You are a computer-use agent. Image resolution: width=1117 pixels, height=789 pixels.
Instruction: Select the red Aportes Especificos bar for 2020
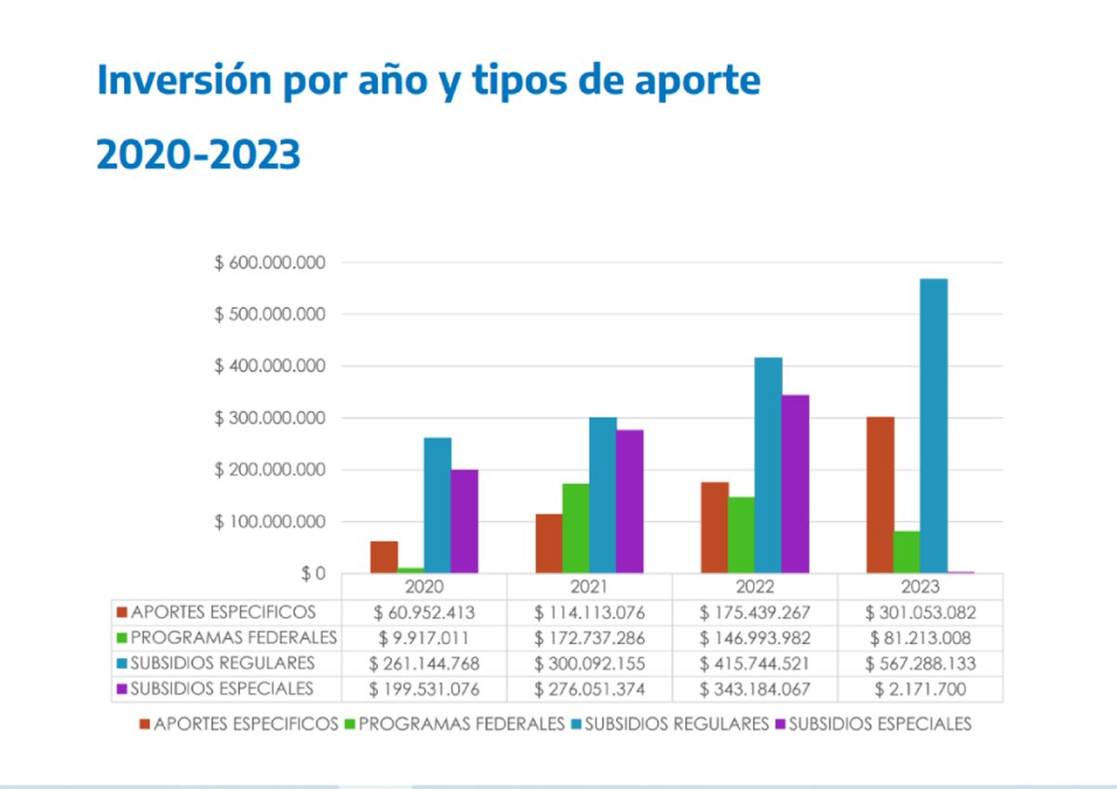(384, 556)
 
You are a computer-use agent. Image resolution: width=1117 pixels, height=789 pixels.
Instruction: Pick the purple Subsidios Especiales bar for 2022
(795, 484)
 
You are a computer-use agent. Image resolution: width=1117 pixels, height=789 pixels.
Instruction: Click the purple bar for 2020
(464, 521)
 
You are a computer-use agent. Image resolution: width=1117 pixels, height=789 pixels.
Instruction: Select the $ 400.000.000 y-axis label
(270, 367)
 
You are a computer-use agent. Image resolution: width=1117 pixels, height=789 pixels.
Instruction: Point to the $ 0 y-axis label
(313, 574)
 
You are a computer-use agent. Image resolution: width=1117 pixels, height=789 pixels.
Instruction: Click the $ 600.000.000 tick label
(270, 263)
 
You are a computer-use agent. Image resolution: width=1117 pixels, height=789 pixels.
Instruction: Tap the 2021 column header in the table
(589, 587)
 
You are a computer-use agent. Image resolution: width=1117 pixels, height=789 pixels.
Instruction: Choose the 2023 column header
(920, 587)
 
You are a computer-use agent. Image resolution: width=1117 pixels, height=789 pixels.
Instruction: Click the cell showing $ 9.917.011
(424, 638)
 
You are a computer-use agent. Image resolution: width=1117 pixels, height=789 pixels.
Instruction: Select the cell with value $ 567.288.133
(920, 663)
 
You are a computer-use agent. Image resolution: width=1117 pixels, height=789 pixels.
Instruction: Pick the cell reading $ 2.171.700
(920, 689)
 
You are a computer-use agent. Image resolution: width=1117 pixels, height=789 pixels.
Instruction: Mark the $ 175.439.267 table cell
(754, 612)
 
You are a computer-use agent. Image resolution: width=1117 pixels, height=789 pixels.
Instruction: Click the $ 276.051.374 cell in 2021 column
(589, 689)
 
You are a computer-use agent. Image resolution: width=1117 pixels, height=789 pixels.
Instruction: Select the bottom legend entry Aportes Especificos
(244, 724)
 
